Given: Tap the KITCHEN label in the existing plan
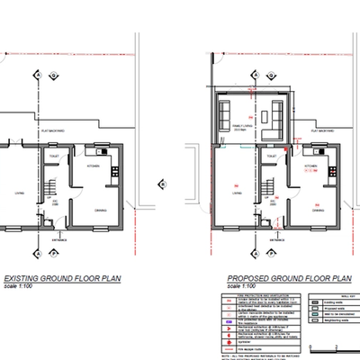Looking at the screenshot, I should point(94,166).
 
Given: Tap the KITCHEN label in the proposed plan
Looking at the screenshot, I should point(310,166).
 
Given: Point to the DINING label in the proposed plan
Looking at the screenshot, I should point(319,209).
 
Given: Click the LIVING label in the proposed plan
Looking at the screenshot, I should point(236,190).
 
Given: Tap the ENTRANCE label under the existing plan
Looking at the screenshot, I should point(60,240).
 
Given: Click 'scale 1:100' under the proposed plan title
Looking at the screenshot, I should point(236,286).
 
